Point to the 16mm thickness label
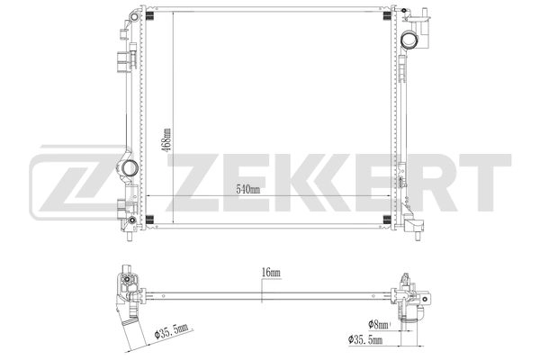point(271,273)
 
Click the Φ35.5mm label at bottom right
point(364,339)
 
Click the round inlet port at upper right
point(413,40)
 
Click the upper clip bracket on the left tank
point(121,61)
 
